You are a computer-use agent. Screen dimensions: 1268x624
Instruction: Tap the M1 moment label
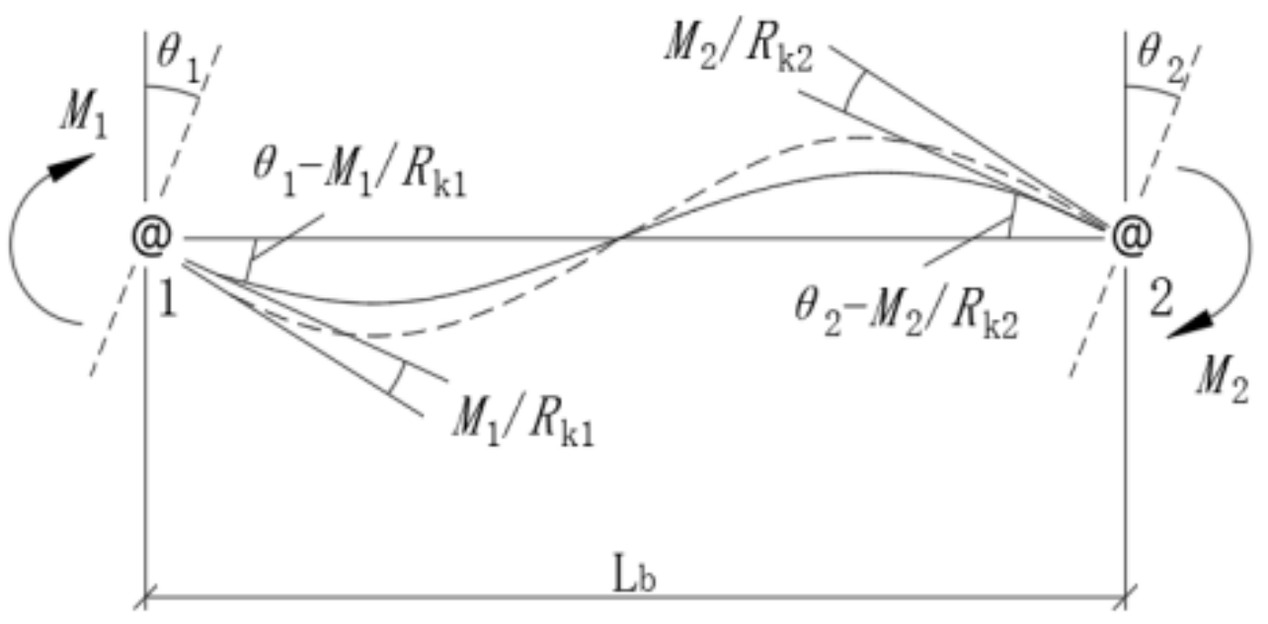pos(81,116)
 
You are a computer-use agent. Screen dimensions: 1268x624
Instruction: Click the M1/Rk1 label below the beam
pos(522,427)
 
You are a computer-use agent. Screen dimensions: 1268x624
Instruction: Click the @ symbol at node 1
pos(153,238)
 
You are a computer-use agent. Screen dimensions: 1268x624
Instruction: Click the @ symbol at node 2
pos(1127,237)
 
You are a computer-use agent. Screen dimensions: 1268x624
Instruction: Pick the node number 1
pos(167,293)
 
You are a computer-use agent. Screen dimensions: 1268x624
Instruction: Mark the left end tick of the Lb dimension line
pos(146,596)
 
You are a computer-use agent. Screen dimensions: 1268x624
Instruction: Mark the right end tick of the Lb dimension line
pos(1126,596)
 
